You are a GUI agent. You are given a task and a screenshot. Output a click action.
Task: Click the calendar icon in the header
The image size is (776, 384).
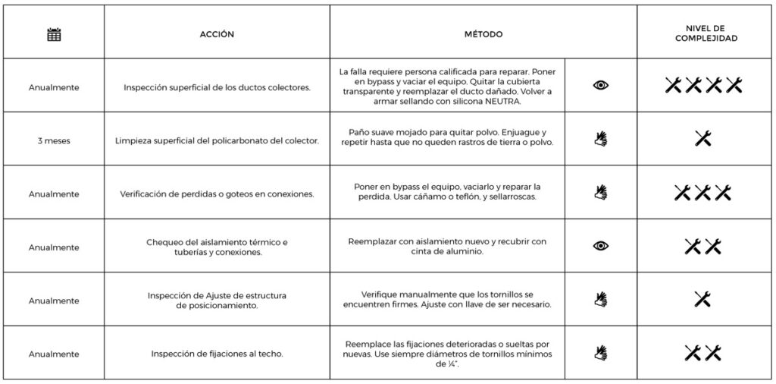53,34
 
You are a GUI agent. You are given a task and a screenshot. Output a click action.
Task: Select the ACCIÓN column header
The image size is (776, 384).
217,34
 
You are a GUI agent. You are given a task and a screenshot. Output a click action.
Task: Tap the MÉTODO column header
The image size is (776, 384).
483,34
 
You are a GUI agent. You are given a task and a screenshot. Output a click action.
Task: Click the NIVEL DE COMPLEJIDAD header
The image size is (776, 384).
706,33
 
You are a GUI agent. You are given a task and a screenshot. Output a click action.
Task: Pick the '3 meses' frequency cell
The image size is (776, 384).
53,140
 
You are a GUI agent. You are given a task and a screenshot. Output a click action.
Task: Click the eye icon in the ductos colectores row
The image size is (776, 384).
600,86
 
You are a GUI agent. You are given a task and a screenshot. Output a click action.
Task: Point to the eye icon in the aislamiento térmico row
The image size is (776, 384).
600,246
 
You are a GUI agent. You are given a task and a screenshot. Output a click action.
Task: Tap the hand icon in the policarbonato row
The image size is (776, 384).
600,139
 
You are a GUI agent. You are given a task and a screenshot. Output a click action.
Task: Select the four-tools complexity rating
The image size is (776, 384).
703,86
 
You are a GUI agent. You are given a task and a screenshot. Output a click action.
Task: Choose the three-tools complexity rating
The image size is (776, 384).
703,193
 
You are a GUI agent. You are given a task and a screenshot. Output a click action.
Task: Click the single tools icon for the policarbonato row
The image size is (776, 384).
703,138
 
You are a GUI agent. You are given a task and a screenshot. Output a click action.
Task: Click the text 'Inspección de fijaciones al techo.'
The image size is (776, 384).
217,354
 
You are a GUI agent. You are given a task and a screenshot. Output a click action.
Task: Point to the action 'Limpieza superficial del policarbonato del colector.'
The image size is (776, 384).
217,140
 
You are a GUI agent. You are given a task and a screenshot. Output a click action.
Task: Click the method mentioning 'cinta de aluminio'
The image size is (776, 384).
447,247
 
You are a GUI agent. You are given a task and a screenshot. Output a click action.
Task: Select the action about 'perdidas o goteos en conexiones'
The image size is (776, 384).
217,194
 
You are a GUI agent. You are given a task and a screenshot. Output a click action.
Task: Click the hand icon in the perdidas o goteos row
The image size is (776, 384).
600,192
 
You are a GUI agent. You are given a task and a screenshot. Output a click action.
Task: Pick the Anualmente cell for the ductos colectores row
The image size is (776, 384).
53,87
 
